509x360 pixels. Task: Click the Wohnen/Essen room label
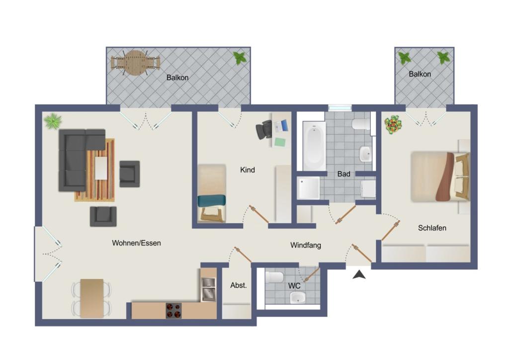tap(136, 243)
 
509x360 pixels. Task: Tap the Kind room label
tap(248, 170)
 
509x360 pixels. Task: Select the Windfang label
tap(306, 245)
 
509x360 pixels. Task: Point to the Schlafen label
tap(432, 228)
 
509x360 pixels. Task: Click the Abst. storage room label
tap(239, 285)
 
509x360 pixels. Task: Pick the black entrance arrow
tap(359, 274)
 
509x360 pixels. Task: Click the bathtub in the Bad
tap(314, 146)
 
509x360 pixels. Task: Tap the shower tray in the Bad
tap(308, 187)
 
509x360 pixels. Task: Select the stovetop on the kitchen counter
tap(173, 311)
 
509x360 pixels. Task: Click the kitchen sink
tap(208, 289)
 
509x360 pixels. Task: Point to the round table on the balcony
tap(136, 63)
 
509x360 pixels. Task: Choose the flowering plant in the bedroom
tap(393, 124)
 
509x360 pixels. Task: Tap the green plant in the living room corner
tap(53, 121)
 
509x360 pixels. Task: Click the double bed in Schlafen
tap(440, 177)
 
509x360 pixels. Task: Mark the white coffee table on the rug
tap(101, 168)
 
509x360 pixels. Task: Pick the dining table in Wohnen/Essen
tap(92, 298)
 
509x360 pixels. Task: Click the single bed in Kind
tap(212, 193)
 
